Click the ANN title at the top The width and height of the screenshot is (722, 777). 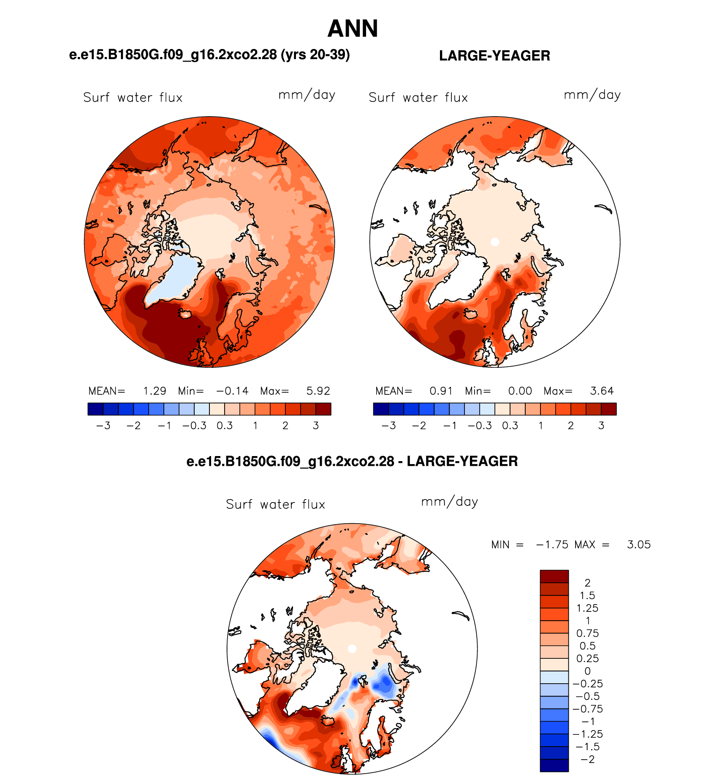point(353,29)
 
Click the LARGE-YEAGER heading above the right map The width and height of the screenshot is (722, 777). point(494,56)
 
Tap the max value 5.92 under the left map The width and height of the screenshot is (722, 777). point(318,391)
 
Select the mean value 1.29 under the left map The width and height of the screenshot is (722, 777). point(155,391)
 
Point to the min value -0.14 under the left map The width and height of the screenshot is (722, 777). point(232,391)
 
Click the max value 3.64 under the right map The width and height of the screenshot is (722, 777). point(602,391)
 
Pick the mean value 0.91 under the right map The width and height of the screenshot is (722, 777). point(441,391)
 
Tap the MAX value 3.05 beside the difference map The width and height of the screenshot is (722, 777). point(639,545)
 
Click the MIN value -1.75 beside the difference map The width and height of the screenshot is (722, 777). point(552,545)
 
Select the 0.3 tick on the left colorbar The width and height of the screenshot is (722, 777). point(225,426)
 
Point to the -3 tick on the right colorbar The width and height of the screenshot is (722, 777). point(388,426)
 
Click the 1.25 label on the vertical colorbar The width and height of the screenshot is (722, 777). point(587,608)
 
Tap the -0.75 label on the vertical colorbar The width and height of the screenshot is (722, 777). point(587,709)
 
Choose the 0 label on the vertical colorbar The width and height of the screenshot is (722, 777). point(587,671)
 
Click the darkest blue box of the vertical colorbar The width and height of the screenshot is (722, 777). point(554,766)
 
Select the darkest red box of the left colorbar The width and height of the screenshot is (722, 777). point(323,409)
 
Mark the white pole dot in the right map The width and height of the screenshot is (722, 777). point(495,242)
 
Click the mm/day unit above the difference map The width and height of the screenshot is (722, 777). point(450,502)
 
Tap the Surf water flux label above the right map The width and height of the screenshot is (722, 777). point(418,98)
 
